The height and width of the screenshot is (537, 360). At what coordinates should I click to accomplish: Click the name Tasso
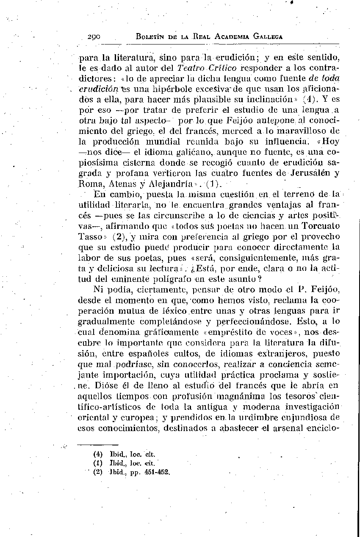point(89,237)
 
